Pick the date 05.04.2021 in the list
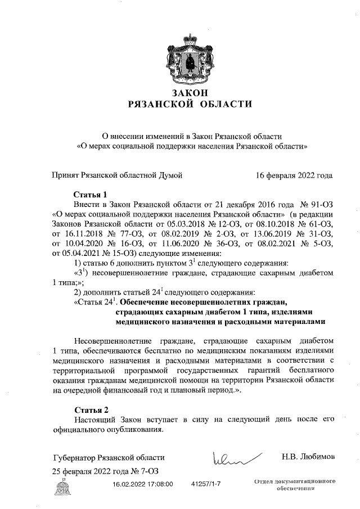tap(72, 253)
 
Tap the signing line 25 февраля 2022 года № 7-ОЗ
tap(101, 471)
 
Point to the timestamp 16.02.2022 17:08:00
tap(142, 484)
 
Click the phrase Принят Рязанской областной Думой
tap(116, 175)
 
